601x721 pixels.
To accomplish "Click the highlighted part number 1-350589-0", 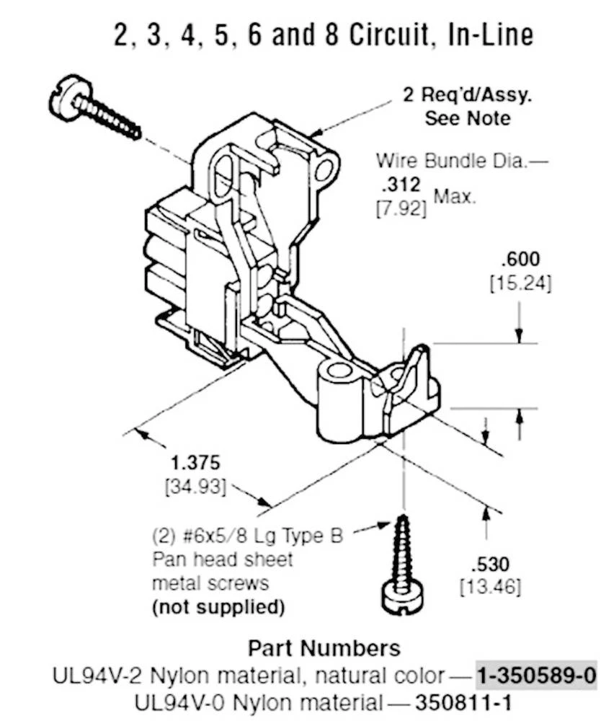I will [x=536, y=676].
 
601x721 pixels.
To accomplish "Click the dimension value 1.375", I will [x=195, y=462].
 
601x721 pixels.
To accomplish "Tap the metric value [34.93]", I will [x=195, y=487].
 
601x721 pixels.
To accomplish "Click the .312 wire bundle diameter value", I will [x=402, y=186].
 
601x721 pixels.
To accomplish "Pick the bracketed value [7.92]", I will [x=401, y=210].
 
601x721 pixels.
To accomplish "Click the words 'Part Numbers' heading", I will [x=324, y=647].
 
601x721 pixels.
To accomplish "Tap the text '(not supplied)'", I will [x=218, y=607].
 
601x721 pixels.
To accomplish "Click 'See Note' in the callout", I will [x=467, y=118].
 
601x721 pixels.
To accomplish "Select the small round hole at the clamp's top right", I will [x=326, y=170].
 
